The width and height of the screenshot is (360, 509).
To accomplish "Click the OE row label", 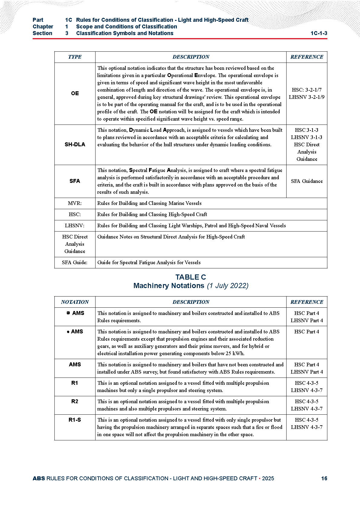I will (x=75, y=93).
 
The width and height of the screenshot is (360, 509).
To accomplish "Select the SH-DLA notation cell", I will (x=75, y=144).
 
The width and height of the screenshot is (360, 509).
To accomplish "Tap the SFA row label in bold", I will (x=75, y=181).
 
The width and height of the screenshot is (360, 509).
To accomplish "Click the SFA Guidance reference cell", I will (x=306, y=181).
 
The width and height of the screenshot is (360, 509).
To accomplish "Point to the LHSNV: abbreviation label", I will (x=75, y=225).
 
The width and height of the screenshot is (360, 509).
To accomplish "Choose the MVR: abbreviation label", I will (x=75, y=203).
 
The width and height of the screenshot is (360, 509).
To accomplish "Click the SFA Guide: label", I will (x=75, y=262).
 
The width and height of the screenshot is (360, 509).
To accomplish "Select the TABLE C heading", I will (x=190, y=277).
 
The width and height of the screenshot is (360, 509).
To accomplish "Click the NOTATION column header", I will (x=75, y=302).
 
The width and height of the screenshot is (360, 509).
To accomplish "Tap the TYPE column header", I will (x=75, y=57).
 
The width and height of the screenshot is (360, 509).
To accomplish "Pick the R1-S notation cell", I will (x=75, y=420).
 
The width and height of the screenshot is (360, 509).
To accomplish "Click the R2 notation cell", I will (x=75, y=401).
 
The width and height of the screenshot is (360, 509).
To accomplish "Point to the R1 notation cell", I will (x=75, y=383).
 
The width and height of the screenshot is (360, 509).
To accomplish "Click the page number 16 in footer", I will (x=324, y=478).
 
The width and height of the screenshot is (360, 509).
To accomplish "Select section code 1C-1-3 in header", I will (x=319, y=33).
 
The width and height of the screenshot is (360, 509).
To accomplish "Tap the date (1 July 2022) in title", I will (x=228, y=286).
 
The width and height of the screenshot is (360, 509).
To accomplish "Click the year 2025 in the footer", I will (x=268, y=478).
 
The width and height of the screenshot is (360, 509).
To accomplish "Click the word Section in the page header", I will (x=42, y=33).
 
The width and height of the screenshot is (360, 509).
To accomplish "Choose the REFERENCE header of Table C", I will (x=306, y=302).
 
